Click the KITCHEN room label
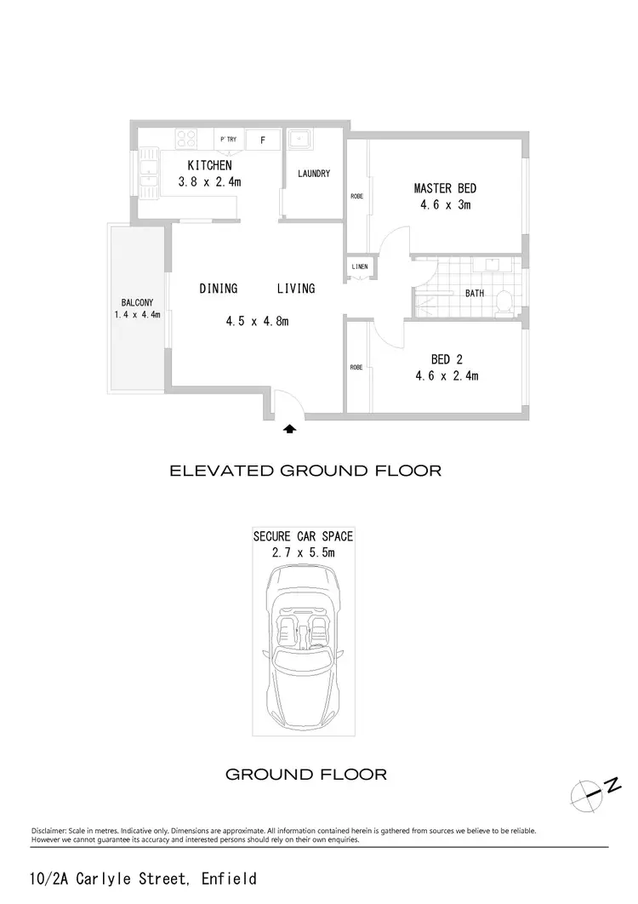(x=209, y=165)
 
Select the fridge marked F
(x=263, y=140)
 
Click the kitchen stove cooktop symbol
(x=187, y=138)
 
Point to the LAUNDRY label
(x=314, y=175)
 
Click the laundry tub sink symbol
(x=300, y=140)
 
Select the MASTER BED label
(x=445, y=188)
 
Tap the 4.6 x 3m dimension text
(x=445, y=205)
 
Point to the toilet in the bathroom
(x=504, y=300)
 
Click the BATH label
(x=475, y=294)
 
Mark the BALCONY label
(x=137, y=302)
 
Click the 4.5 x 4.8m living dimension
(x=257, y=321)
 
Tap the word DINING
(x=219, y=289)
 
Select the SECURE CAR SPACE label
(x=303, y=536)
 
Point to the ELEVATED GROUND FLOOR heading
(x=306, y=470)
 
